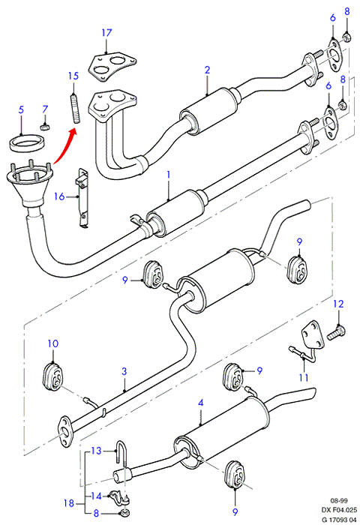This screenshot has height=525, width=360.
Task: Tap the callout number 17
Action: [x=106, y=33]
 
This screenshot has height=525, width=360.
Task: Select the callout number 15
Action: [x=73, y=76]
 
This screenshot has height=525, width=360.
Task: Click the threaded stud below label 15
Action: [x=76, y=109]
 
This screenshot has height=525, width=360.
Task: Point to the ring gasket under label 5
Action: [x=27, y=142]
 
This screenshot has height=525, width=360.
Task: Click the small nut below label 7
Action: [x=45, y=127]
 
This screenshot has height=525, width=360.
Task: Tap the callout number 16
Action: [x=59, y=196]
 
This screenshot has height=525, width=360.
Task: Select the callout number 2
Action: [x=207, y=70]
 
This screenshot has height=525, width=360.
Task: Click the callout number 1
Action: [x=169, y=175]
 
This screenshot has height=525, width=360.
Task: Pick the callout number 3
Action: [x=124, y=371]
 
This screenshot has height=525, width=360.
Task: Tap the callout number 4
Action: [x=200, y=403]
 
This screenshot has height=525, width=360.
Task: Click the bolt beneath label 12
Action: [x=337, y=333]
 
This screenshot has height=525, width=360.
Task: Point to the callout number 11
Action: [x=304, y=377]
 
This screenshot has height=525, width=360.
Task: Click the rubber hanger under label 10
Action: [x=53, y=378]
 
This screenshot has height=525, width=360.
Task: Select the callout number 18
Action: [x=69, y=503]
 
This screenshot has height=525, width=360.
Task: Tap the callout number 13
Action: [x=96, y=451]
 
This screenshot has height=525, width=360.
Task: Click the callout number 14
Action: [x=96, y=496]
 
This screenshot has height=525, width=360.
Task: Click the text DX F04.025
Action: [x=339, y=510]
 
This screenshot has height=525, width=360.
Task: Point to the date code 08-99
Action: [x=339, y=501]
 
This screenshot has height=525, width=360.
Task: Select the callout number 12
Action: [x=338, y=304]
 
